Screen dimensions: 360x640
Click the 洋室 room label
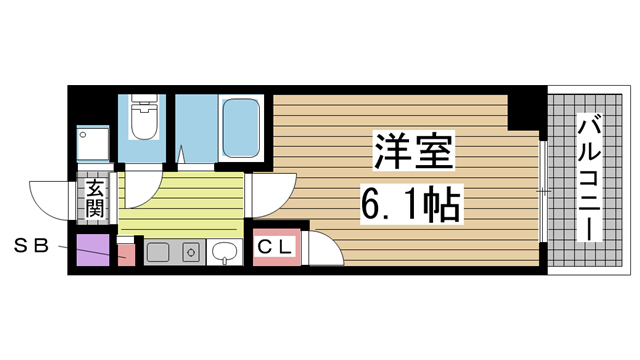coord(414,153)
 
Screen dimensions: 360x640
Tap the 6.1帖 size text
coord(409,205)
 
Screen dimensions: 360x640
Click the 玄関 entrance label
coord(95,198)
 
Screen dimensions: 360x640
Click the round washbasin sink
coord(227,251)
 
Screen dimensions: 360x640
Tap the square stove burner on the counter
coord(193,251)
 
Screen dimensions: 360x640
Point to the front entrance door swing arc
coord(50,200)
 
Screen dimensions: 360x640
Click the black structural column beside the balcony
coord(523,111)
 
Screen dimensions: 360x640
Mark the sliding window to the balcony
coord(541,190)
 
